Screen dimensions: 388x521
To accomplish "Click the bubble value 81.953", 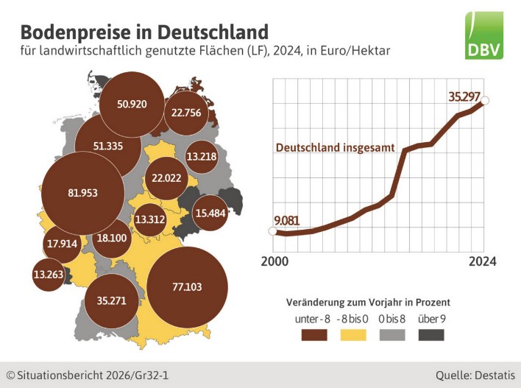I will point(72,193).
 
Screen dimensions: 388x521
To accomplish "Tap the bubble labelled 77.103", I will point(185,287).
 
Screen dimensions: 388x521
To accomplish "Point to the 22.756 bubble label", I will point(185,113).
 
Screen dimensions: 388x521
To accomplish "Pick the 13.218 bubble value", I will point(201,156).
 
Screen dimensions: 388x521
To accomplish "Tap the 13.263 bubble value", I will point(48,275).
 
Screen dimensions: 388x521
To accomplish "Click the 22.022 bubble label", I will point(166,177).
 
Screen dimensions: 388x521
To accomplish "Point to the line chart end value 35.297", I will point(465,95).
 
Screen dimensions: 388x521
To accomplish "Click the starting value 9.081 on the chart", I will point(288,221).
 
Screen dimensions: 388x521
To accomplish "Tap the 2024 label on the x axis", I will point(482,261).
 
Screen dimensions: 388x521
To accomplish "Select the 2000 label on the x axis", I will point(275,261).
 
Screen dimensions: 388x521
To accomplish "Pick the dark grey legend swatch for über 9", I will point(430,334).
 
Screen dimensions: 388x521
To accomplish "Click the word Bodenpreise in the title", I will point(67,32).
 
